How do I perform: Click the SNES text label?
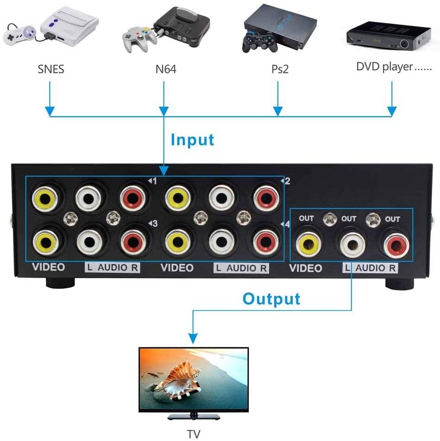tap(51, 70)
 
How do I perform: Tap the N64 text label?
tap(165, 70)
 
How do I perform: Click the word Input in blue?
tap(193, 140)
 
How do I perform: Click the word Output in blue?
tap(271, 299)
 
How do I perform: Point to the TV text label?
tap(193, 433)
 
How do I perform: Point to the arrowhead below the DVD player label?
tap(392, 112)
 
